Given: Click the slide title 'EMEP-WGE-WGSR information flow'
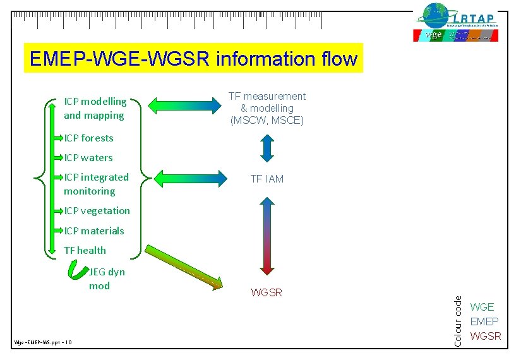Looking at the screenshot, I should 193,59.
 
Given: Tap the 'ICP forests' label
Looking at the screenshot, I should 88,138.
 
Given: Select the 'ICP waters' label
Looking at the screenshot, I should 88,157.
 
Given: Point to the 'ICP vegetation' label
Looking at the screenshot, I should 97,210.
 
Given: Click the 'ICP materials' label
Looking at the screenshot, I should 94,231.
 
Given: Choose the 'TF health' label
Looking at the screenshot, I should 85,250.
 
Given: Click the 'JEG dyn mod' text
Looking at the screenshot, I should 106,279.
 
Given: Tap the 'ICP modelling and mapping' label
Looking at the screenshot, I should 95,108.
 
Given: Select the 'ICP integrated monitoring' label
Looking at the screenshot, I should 96,184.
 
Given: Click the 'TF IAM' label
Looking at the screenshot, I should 266,179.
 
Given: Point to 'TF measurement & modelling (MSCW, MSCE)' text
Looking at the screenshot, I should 266,108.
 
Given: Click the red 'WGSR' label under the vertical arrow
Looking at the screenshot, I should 266,292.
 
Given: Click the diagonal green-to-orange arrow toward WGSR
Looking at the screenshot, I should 185,268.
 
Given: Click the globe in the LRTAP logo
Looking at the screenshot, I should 435,15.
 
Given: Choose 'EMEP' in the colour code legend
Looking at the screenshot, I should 484,321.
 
